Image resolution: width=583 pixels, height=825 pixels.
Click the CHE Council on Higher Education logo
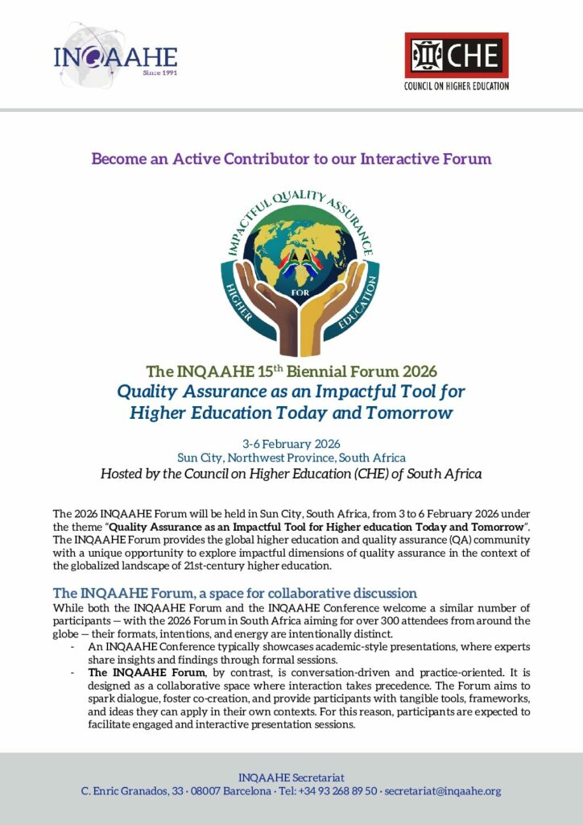click(456, 60)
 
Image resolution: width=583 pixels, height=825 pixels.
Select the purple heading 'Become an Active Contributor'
click(291, 159)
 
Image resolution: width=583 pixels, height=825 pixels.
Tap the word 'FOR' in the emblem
click(292, 292)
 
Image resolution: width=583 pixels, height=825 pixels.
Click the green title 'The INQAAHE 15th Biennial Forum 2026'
click(291, 371)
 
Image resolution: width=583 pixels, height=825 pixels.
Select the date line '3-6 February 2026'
click(291, 444)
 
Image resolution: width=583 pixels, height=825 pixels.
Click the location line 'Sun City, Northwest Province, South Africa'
click(291, 458)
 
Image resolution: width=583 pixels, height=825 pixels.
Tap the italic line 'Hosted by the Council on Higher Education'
click(291, 474)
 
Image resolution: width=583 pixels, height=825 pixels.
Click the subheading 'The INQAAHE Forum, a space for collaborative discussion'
click(234, 593)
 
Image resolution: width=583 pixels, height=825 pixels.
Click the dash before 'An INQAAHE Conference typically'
click(73, 647)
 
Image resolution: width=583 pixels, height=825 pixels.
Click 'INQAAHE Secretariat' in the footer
click(291, 777)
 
